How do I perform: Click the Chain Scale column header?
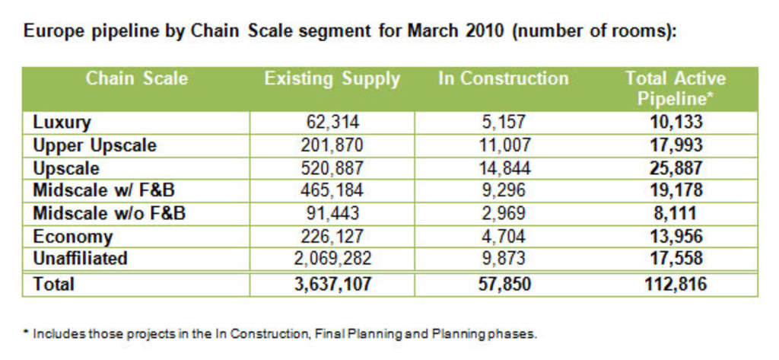[136, 79]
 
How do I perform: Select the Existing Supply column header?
[332, 79]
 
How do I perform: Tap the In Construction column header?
[503, 79]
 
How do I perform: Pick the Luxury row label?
[62, 122]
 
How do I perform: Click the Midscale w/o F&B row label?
[109, 213]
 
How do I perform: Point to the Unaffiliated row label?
[80, 258]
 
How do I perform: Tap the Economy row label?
[72, 236]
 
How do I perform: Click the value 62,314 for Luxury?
[332, 122]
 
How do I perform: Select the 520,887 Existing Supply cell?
[332, 167]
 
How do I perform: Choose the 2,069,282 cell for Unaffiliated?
[332, 258]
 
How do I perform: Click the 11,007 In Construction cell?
[503, 145]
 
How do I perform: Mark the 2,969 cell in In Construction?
[503, 213]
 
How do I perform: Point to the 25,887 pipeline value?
[675, 167]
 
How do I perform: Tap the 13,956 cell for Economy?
[675, 236]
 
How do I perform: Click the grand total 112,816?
[675, 284]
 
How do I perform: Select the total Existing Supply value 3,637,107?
[332, 284]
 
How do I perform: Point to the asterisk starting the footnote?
[25, 333]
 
